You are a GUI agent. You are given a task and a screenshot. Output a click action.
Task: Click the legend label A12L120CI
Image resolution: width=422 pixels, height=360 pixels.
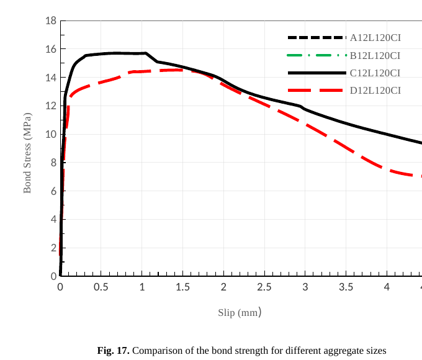click(x=375, y=37)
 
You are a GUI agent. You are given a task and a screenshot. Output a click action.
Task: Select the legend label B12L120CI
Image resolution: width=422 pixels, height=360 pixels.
click(x=375, y=55)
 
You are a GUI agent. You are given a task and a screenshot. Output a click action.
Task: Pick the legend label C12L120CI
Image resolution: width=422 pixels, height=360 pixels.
click(x=375, y=73)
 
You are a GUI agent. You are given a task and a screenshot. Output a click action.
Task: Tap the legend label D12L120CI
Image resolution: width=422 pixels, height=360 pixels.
click(x=375, y=91)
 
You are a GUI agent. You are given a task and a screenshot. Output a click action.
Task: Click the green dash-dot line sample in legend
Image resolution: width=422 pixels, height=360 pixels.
click(x=316, y=55)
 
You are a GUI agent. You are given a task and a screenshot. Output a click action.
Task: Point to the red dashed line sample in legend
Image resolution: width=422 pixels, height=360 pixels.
click(x=316, y=91)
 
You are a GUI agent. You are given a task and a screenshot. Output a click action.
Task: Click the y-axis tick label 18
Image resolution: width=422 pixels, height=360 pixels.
click(x=51, y=21)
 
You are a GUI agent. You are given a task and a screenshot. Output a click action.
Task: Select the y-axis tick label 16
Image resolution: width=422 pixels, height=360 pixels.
click(x=51, y=50)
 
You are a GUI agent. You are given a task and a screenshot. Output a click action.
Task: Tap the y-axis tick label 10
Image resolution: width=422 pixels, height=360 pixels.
click(x=51, y=135)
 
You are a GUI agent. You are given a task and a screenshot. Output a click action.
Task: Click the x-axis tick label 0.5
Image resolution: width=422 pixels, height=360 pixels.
click(x=101, y=287)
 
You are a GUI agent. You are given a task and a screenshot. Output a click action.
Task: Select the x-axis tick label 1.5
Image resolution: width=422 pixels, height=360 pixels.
click(x=182, y=287)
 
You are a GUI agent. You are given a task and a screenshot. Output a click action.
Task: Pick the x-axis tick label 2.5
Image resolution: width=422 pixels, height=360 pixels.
click(x=264, y=287)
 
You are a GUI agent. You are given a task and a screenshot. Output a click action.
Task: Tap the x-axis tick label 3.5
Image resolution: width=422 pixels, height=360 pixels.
click(x=346, y=287)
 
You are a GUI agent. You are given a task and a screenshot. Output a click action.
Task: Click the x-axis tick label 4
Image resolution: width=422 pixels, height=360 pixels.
click(x=387, y=287)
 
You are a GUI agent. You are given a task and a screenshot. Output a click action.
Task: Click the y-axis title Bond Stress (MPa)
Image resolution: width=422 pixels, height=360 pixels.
click(x=27, y=153)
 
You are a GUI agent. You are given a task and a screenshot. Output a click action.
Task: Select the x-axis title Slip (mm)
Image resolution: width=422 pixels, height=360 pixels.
click(x=240, y=312)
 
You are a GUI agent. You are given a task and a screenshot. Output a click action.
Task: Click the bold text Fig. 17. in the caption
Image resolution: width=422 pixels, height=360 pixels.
click(x=113, y=351)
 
